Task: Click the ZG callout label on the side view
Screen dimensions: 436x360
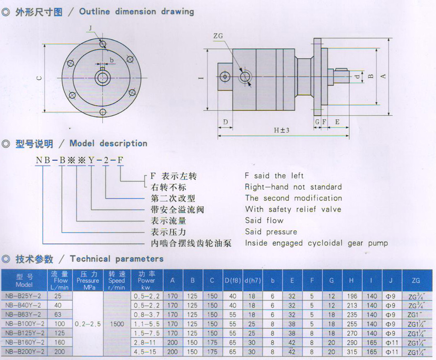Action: pos(218,36)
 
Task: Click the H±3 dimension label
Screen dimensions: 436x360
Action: pos(281,130)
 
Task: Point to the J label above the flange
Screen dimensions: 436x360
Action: pos(91,28)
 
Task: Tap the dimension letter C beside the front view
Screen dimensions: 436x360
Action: pos(39,78)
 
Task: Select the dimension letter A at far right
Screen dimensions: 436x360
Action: pos(383,76)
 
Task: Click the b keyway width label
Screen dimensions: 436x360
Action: pos(111,60)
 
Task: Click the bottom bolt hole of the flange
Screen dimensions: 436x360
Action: pos(103,112)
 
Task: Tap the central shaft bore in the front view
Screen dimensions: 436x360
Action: pos(103,78)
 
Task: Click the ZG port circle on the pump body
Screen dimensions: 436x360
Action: pos(245,76)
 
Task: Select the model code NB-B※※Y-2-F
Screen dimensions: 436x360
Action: pos(79,160)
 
